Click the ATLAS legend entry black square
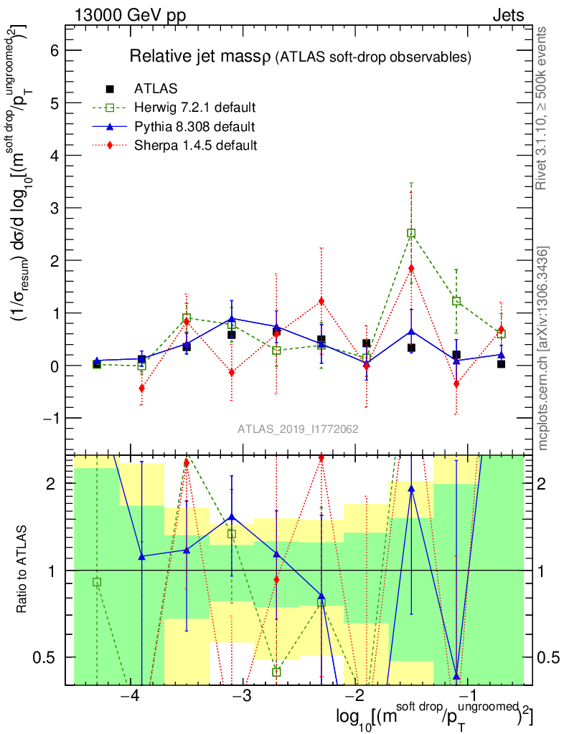110,89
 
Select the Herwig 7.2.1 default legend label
195,108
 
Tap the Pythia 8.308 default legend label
194,127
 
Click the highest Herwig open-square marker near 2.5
411,233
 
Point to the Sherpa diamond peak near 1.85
411,268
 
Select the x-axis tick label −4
130,697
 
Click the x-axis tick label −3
243,697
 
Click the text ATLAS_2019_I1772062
298,429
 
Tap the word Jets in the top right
508,16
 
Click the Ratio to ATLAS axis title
22,570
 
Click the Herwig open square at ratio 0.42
276,672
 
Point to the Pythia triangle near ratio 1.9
411,488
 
